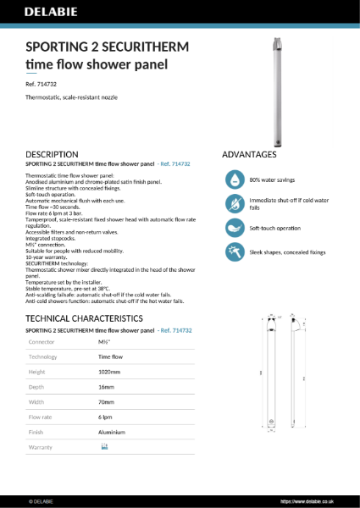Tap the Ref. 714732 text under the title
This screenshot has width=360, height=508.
[43, 86]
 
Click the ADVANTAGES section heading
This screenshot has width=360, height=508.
[248, 155]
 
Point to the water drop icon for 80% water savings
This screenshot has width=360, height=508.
[234, 179]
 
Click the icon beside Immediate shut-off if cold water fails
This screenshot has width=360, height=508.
[234, 204]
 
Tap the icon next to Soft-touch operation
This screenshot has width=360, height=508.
[234, 228]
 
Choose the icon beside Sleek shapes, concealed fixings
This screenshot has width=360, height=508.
[234, 251]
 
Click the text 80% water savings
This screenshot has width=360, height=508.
[271, 180]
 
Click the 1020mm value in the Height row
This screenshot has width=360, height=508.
[110, 372]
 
